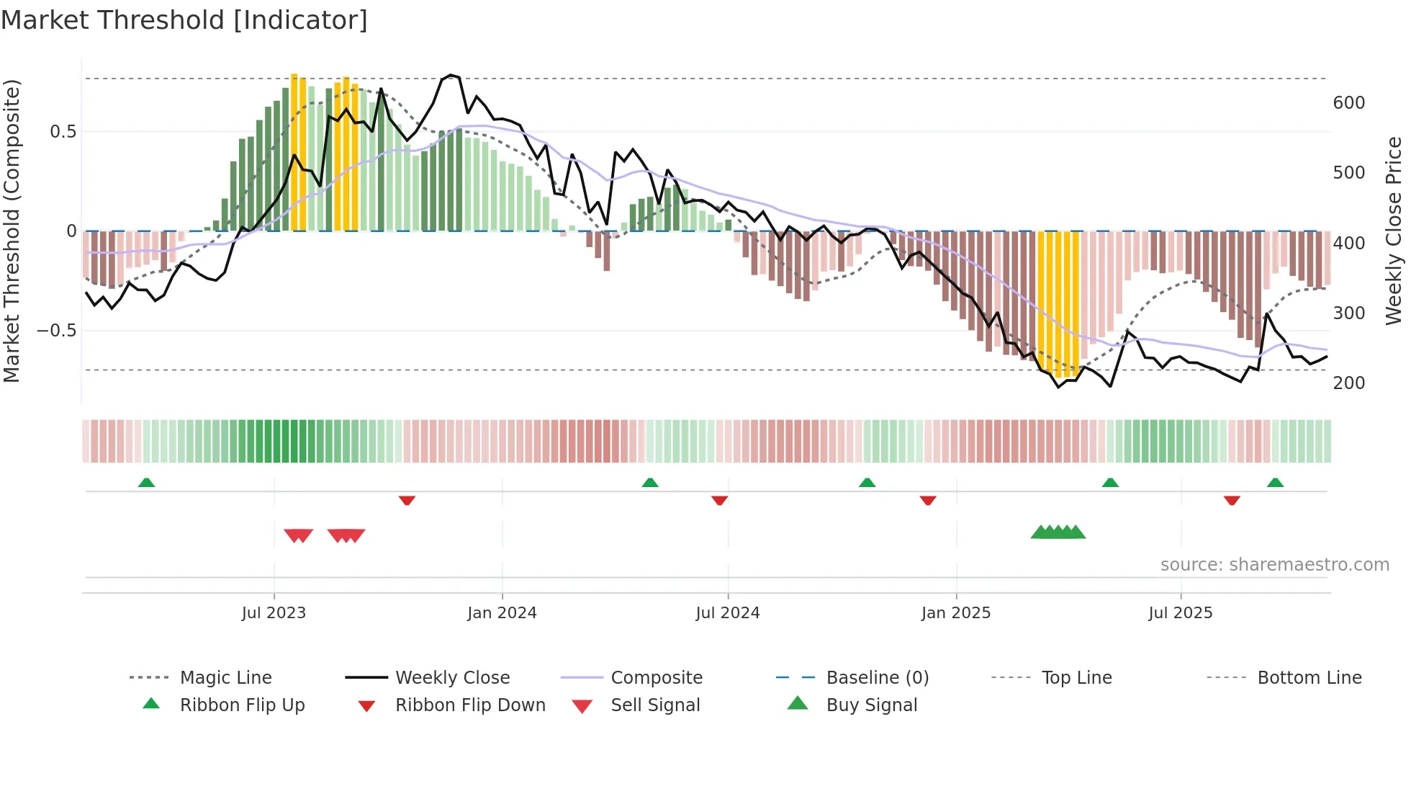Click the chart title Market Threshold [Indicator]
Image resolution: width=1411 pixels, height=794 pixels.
click(x=184, y=20)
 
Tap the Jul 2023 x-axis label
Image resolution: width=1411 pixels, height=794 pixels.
click(x=274, y=613)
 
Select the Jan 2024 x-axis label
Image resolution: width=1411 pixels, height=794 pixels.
click(x=502, y=613)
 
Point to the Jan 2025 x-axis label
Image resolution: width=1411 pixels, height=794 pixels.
click(x=956, y=613)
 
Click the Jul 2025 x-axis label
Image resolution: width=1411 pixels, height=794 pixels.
click(x=1181, y=613)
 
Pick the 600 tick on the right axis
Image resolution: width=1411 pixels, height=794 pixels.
click(x=1348, y=103)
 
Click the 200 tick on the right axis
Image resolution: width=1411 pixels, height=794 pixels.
click(x=1348, y=383)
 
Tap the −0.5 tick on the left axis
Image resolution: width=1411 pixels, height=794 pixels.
click(x=56, y=331)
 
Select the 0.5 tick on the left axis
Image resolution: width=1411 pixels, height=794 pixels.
click(x=63, y=132)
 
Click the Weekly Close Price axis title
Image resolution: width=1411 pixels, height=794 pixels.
click(x=1394, y=231)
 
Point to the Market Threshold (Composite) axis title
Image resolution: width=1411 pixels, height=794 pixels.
click(x=12, y=231)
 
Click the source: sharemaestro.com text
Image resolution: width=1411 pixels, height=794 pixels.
click(x=1274, y=565)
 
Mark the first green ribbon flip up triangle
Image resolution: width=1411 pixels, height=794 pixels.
click(x=146, y=482)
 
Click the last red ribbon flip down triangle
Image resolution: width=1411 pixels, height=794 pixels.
click(x=1232, y=500)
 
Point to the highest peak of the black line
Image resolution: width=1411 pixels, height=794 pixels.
click(x=451, y=75)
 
